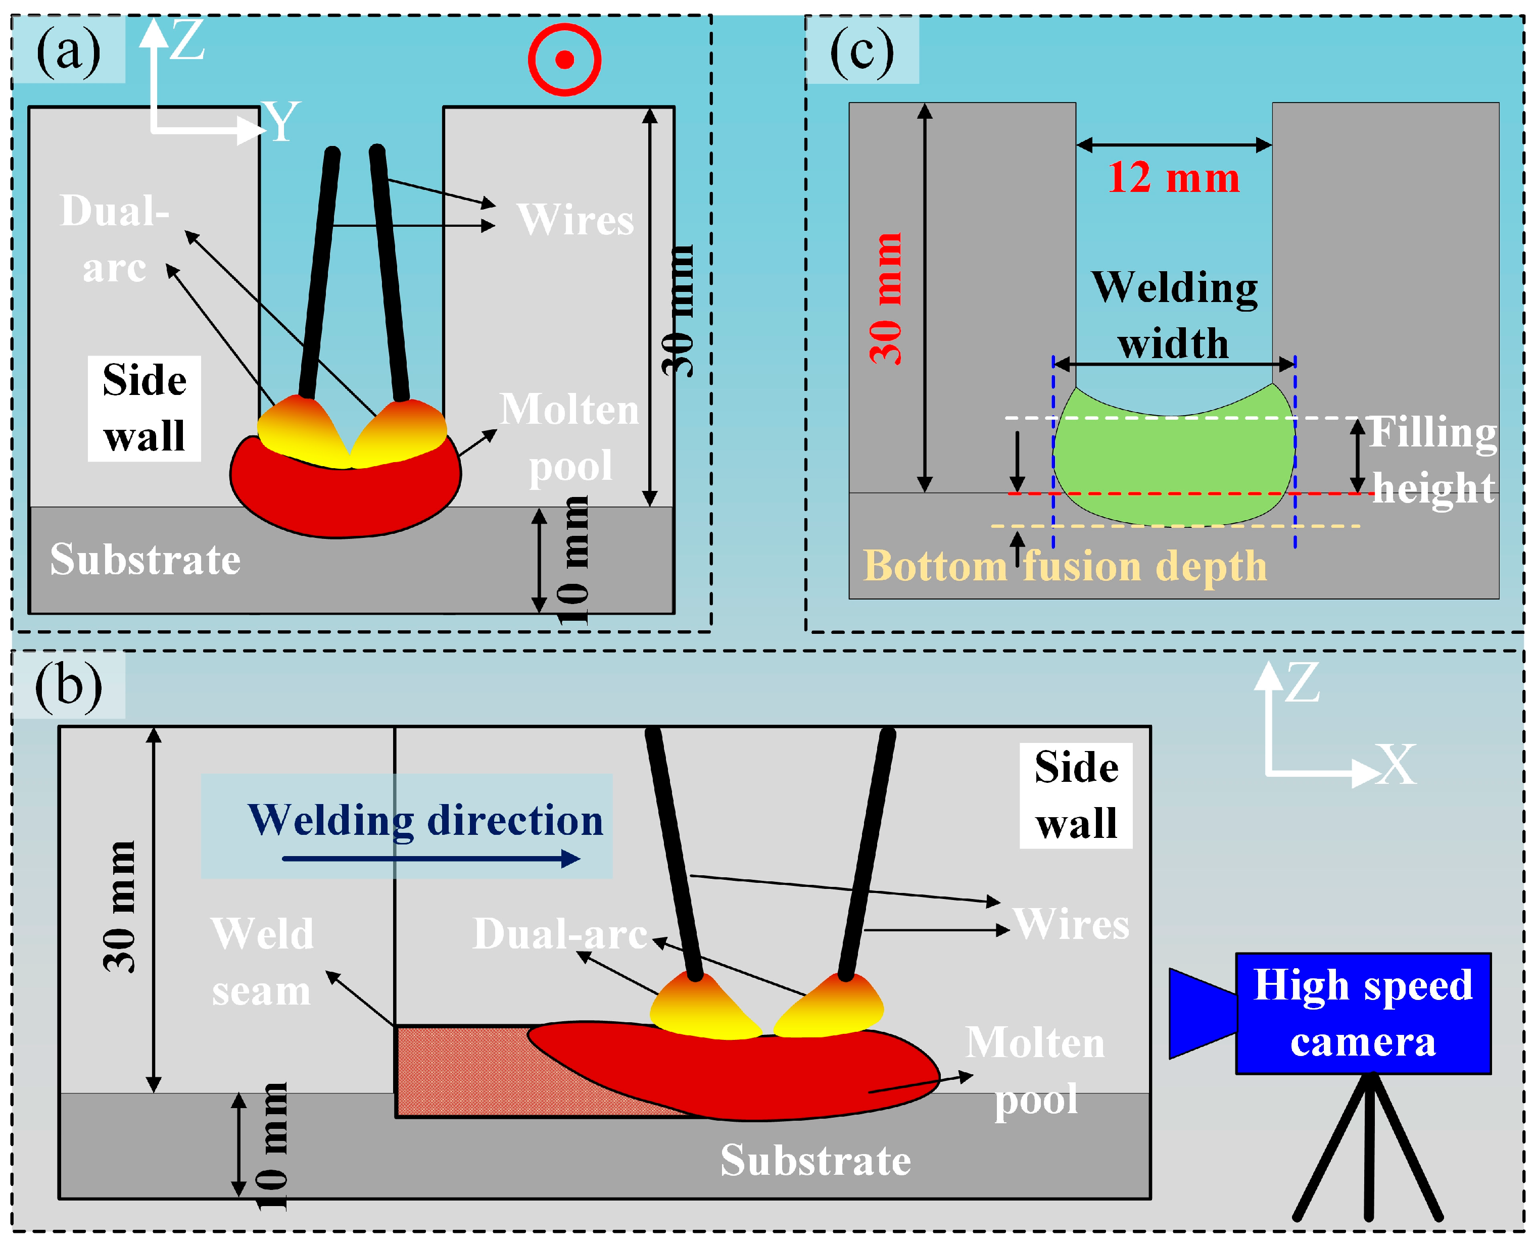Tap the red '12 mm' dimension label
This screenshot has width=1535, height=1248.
(1173, 178)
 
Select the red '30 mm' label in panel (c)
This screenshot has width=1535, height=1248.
(885, 298)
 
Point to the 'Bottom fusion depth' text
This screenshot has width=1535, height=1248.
(1065, 566)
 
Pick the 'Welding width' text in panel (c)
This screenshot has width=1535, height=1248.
(1174, 315)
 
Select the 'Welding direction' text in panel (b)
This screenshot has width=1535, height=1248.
(425, 820)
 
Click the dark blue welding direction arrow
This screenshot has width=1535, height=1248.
(431, 859)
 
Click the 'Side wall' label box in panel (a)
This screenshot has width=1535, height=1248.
(145, 408)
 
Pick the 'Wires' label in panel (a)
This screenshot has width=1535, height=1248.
(575, 219)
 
